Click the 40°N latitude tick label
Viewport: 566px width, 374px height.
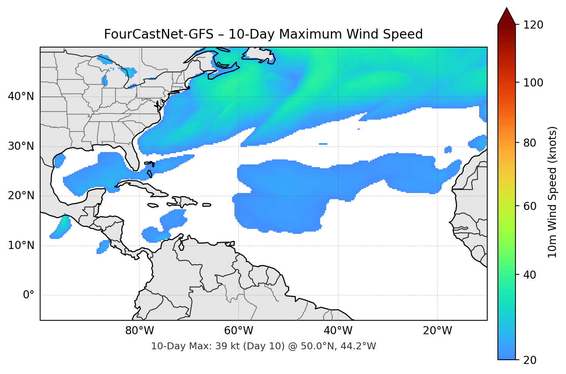[x=21, y=96]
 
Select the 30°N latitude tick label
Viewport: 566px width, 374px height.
[x=21, y=146]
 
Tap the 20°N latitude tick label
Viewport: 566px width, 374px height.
[x=21, y=196]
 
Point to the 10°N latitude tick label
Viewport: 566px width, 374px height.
[x=21, y=245]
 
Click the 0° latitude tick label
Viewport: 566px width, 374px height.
[x=29, y=295]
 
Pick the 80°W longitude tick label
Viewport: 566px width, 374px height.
[x=139, y=331]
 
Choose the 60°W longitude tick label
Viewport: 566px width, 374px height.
[x=239, y=331]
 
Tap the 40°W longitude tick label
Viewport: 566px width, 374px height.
[x=338, y=331]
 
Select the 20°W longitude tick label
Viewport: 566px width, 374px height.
[x=437, y=331]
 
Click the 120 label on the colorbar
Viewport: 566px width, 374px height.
[x=533, y=25]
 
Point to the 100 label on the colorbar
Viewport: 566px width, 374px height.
[x=533, y=83]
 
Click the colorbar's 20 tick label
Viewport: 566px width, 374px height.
[x=530, y=360]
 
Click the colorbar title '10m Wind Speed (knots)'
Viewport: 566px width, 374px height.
[x=552, y=192]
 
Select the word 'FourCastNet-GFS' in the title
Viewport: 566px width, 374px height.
[x=159, y=34]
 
